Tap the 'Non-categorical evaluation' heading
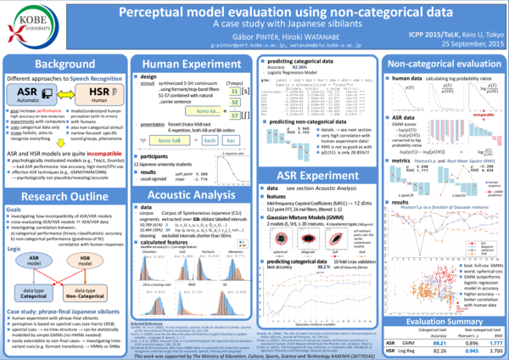click(x=442, y=65)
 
